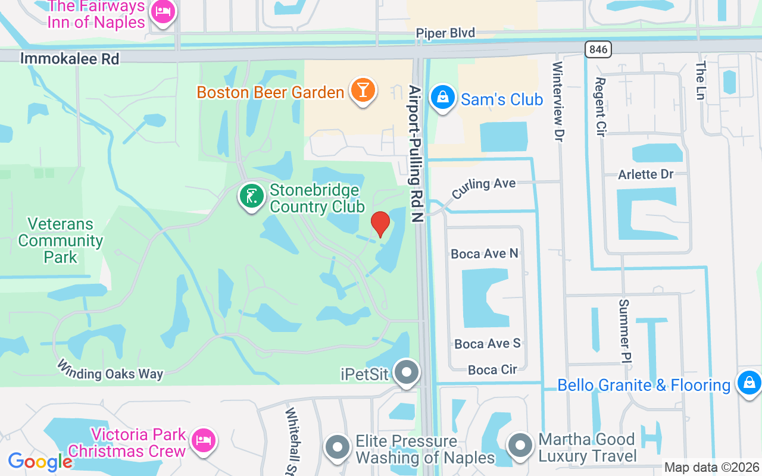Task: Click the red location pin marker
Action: (380, 224)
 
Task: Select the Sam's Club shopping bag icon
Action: (442, 97)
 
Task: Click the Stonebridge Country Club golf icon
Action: (252, 196)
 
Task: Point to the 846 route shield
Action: (598, 49)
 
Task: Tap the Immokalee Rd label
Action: (70, 59)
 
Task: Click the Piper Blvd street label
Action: (445, 33)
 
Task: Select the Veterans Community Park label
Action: (60, 240)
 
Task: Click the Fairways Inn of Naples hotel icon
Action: (163, 11)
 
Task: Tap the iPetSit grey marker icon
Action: (407, 372)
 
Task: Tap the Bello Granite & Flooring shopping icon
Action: (748, 383)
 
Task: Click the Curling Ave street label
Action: (483, 188)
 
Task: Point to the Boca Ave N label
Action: (484, 254)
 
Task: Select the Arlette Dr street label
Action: (646, 174)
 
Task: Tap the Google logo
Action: (40, 462)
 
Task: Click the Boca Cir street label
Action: (492, 369)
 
